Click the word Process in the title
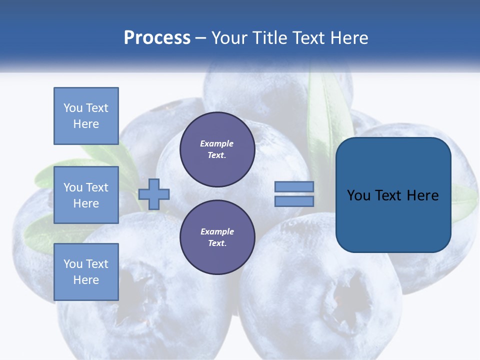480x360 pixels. [157, 38]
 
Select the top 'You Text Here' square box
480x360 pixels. [86, 116]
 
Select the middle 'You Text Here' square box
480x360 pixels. [86, 195]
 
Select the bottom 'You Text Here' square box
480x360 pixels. [86, 271]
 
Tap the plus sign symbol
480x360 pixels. [154, 194]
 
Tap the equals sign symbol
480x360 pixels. [294, 194]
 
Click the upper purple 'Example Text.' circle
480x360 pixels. [217, 149]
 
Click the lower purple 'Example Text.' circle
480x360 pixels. [217, 237]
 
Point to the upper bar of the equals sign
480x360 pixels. [294, 187]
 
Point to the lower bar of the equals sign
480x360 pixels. [294, 201]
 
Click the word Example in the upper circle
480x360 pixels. [217, 144]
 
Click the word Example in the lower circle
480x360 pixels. [217, 232]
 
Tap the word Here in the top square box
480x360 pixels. [86, 124]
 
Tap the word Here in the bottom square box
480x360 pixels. [86, 280]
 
